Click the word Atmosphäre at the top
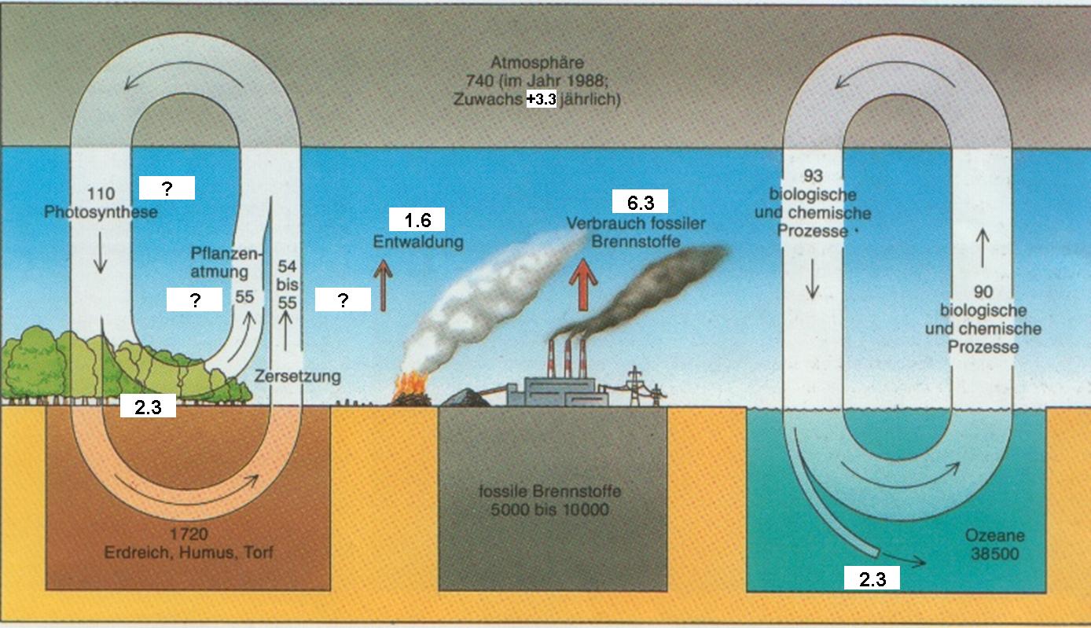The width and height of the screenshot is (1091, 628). coord(537,62)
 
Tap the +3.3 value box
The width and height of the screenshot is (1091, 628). coord(541,100)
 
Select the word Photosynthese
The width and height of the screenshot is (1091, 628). coord(101,212)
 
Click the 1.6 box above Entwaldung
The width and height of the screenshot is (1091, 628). coord(417,220)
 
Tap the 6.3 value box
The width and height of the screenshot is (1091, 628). coord(640,204)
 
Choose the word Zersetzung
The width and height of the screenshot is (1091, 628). coord(298,376)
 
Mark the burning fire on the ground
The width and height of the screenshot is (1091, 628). coord(409,386)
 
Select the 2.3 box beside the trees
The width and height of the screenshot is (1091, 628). coord(147,406)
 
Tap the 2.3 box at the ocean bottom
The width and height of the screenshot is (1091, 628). coord(871,579)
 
